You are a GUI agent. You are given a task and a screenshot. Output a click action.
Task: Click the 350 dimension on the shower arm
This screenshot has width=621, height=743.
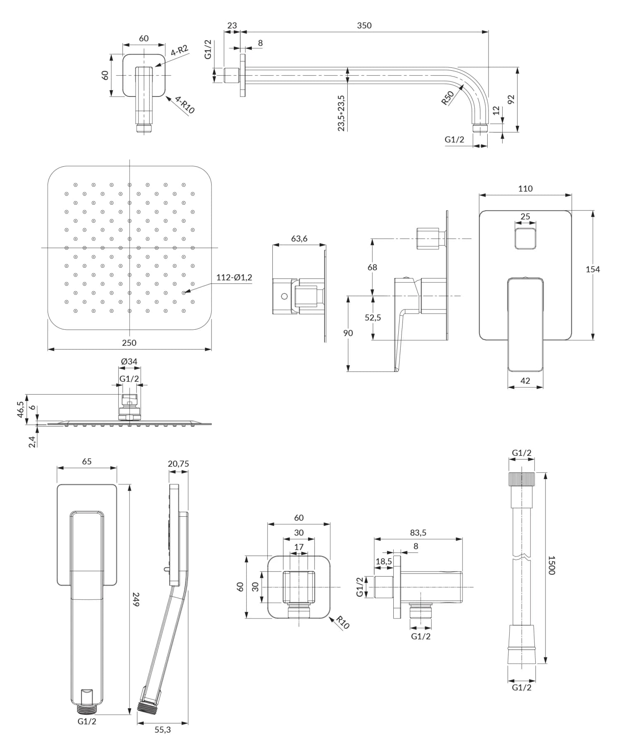click(x=364, y=26)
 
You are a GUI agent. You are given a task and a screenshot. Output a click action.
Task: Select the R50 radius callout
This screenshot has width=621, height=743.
click(x=448, y=98)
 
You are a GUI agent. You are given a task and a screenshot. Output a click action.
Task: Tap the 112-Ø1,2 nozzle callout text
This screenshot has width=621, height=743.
click(x=234, y=278)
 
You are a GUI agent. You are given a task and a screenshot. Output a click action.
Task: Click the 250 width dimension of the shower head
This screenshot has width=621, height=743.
click(x=129, y=343)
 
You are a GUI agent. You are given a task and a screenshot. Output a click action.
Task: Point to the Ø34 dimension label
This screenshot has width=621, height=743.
click(x=129, y=362)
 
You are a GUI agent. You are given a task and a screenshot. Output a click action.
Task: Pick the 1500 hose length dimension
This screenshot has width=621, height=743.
click(x=552, y=565)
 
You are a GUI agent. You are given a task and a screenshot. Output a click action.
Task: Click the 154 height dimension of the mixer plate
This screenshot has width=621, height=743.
click(x=592, y=269)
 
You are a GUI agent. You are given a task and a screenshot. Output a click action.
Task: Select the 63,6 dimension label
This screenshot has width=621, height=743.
click(x=299, y=239)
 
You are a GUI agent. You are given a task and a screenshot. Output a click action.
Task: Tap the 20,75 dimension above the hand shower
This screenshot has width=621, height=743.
click(x=178, y=464)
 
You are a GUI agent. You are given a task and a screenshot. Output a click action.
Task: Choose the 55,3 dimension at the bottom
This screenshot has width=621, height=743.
click(x=163, y=730)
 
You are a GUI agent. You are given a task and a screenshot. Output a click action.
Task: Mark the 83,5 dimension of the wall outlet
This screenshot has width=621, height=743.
click(x=418, y=533)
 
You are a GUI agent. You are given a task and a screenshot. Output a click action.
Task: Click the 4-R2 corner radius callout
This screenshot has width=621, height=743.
click(x=179, y=51)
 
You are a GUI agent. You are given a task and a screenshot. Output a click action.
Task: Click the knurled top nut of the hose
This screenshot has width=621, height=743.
click(x=522, y=479)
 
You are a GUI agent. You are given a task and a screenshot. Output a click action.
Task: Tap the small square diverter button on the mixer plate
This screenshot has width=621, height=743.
click(x=525, y=238)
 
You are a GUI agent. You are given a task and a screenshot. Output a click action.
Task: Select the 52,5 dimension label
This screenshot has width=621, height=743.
click(x=373, y=318)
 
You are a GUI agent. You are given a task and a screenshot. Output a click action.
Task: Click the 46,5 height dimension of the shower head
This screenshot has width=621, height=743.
click(x=21, y=409)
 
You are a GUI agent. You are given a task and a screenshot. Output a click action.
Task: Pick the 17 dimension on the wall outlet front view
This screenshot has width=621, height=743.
click(x=299, y=547)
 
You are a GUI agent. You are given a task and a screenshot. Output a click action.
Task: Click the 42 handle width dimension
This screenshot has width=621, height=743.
click(x=525, y=381)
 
